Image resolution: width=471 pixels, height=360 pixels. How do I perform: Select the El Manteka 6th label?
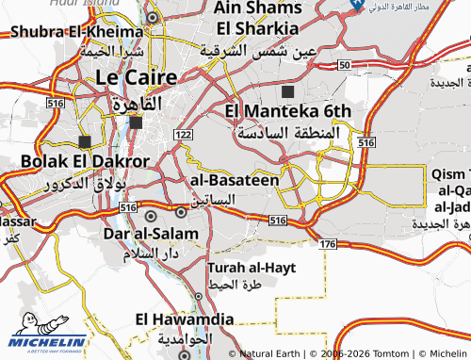[288, 112]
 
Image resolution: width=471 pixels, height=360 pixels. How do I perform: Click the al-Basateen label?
[235, 179]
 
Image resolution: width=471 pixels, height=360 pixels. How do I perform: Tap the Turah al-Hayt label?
[252, 268]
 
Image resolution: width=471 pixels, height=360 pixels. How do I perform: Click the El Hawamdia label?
[185, 319]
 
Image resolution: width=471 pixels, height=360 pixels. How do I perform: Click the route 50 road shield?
[344, 64]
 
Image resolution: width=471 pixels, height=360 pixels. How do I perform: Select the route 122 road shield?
[183, 136]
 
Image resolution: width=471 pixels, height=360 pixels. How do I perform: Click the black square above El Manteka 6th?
[287, 91]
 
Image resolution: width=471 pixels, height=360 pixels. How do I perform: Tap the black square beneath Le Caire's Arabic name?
[136, 123]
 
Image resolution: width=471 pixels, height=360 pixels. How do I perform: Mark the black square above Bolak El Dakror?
[85, 141]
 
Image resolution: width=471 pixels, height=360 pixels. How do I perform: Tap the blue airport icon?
[356, 5]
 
